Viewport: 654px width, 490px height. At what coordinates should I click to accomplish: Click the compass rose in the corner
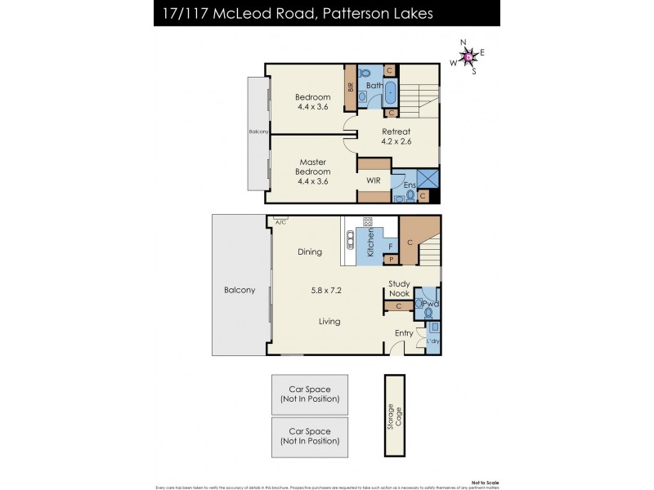coord(467,56)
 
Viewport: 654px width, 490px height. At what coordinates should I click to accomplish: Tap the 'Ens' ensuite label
coord(409,185)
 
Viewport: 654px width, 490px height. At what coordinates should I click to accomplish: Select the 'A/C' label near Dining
coord(280,221)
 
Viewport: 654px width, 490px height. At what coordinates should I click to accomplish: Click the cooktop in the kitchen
coord(367,222)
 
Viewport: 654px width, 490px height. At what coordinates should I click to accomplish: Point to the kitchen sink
coord(351,239)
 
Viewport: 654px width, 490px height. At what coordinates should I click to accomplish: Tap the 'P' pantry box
coord(392,260)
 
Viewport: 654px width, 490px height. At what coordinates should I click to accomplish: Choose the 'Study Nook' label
coord(399,288)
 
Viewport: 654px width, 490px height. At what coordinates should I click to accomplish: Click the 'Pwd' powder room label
coord(430,303)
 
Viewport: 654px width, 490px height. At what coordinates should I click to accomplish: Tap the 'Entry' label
coord(404,333)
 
